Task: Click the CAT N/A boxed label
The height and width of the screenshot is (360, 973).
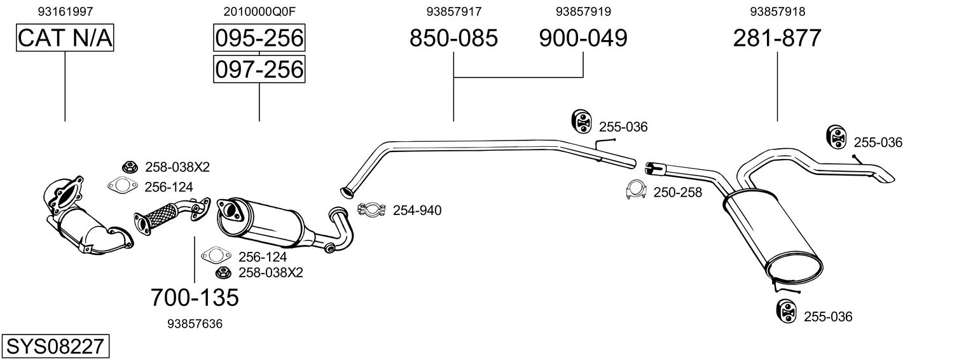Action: (65, 39)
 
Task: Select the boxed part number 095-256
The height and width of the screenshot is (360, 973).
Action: (259, 39)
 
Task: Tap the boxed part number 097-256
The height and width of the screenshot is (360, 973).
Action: (259, 69)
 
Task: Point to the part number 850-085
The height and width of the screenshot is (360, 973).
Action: (453, 39)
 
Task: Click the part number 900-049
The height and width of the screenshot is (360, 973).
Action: (583, 39)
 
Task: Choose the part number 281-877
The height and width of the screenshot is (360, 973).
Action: (777, 39)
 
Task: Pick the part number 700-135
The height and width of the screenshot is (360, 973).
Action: (195, 297)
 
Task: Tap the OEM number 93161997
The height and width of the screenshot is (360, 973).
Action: (65, 11)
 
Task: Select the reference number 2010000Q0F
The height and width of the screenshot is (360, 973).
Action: (259, 11)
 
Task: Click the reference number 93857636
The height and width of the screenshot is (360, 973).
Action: (195, 324)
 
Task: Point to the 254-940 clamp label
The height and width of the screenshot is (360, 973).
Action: (417, 211)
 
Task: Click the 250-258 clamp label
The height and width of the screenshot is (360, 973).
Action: (677, 192)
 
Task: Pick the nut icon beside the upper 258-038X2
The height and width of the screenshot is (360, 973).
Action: (129, 167)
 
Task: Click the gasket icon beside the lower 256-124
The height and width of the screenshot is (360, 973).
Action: (214, 256)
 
